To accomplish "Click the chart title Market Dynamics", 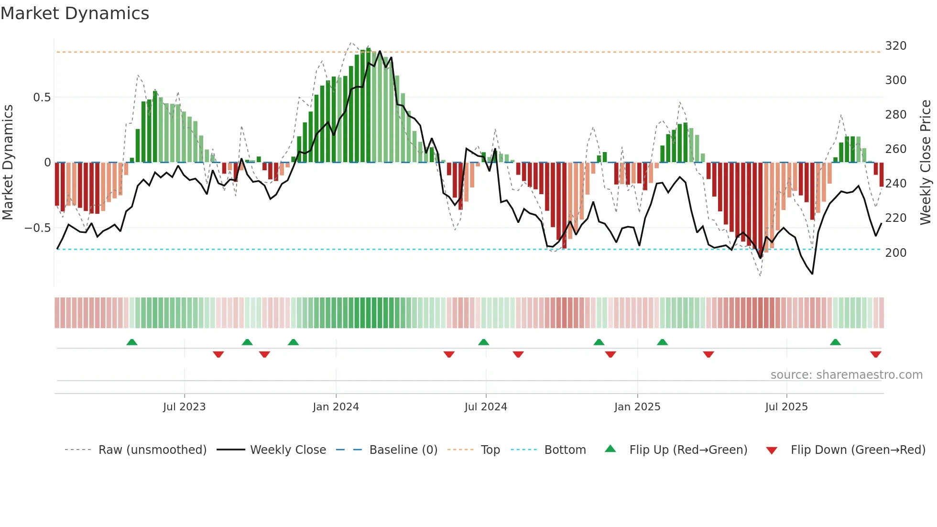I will (x=75, y=13).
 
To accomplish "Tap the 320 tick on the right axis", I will (x=895, y=46).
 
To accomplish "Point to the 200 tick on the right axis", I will (x=895, y=253).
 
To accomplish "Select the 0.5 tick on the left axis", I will (x=42, y=98).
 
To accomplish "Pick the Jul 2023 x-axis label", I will (x=184, y=407).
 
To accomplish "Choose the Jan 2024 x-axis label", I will (x=336, y=407).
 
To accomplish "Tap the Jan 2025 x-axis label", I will (x=637, y=407).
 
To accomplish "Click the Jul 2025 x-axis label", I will (x=786, y=407).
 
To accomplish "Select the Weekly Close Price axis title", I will (x=926, y=163).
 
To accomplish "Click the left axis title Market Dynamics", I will (x=8, y=163).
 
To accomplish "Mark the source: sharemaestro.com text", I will (x=846, y=375).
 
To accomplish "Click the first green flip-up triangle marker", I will (x=132, y=342).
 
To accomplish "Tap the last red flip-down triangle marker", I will (x=875, y=354).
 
